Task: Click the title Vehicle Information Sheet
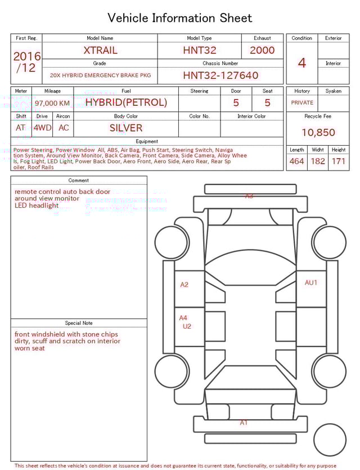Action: tap(180, 18)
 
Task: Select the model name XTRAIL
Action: tap(100, 50)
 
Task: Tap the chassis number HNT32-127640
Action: tap(220, 75)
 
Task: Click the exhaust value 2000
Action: tap(262, 50)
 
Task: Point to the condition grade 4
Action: tap(302, 63)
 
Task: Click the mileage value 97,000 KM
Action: tap(52, 104)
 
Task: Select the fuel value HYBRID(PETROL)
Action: tap(126, 102)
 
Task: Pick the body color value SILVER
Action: tap(126, 128)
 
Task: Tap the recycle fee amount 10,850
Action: tap(318, 132)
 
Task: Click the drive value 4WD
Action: tap(42, 128)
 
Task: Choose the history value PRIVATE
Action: tap(302, 103)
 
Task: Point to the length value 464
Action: tap(296, 161)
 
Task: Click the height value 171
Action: tap(339, 161)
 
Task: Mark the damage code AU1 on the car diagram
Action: tap(311, 283)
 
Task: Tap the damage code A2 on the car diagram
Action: tap(184, 285)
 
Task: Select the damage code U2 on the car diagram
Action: tap(187, 326)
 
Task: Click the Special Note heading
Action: tap(79, 323)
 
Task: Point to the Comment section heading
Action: tap(79, 181)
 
